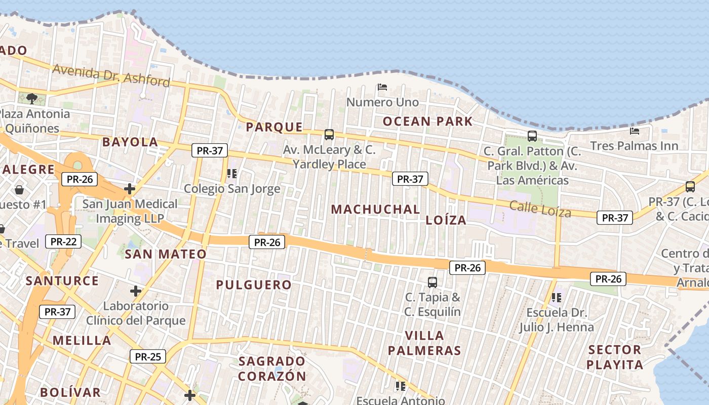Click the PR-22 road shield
coord(63,241)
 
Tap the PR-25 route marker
coord(148,356)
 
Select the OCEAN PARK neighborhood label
coord(427,121)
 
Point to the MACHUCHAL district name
coord(376,209)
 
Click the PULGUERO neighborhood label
coord(254,285)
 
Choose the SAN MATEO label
coord(166,254)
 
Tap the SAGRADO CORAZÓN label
coord(272,369)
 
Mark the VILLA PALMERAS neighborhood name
coord(424,343)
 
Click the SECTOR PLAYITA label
coord(615,357)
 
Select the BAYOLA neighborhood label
coord(130,142)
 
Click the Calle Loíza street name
coord(540,209)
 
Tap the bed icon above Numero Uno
coord(382,87)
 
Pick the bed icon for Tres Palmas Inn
coord(634,131)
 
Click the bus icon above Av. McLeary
coord(329,135)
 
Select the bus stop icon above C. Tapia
coord(432,282)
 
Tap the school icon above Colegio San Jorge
coord(232,174)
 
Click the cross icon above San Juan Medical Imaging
coord(130,189)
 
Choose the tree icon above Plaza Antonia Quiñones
coord(32,98)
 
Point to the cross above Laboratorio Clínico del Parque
coord(135,291)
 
